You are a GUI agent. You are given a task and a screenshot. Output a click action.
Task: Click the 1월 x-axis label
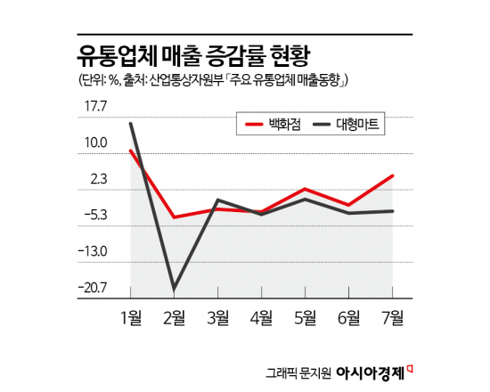(x=131, y=316)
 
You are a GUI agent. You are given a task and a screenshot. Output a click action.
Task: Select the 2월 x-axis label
(x=175, y=316)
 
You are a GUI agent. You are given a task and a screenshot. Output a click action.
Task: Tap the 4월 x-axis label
(x=262, y=316)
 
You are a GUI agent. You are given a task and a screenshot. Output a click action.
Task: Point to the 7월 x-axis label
(x=393, y=316)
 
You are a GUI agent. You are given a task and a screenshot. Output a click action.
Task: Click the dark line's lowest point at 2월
(x=175, y=289)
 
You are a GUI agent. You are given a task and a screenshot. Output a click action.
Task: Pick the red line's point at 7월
(x=393, y=176)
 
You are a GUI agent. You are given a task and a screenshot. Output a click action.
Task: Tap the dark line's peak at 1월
(x=131, y=123)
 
